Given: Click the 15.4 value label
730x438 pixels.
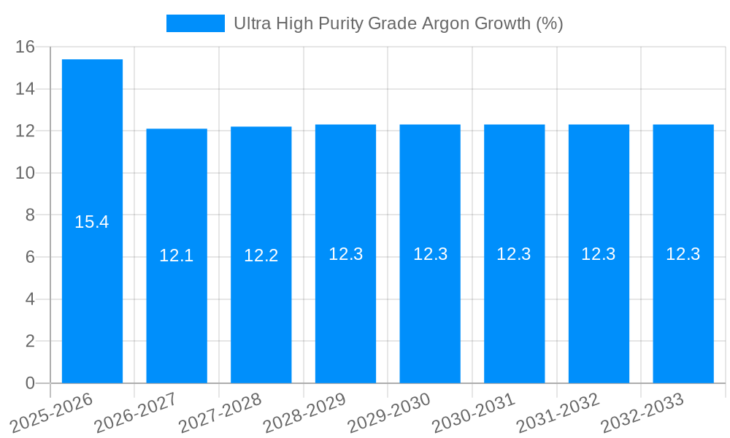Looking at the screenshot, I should (x=92, y=222).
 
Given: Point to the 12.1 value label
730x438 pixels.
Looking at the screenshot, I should (x=177, y=255).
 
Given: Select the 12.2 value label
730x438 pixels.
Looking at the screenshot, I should (x=261, y=255).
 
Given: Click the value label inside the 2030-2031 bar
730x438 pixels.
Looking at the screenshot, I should (x=514, y=254).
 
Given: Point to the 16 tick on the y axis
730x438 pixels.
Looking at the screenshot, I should (x=26, y=47).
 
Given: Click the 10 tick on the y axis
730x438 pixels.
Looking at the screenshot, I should (x=26, y=173).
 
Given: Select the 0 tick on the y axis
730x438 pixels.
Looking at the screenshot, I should (x=30, y=383).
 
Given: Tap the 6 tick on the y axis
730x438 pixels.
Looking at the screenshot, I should (x=30, y=257).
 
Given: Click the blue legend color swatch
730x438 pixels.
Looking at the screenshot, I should (x=196, y=23).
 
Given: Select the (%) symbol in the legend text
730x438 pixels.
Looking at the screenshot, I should (x=550, y=23).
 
